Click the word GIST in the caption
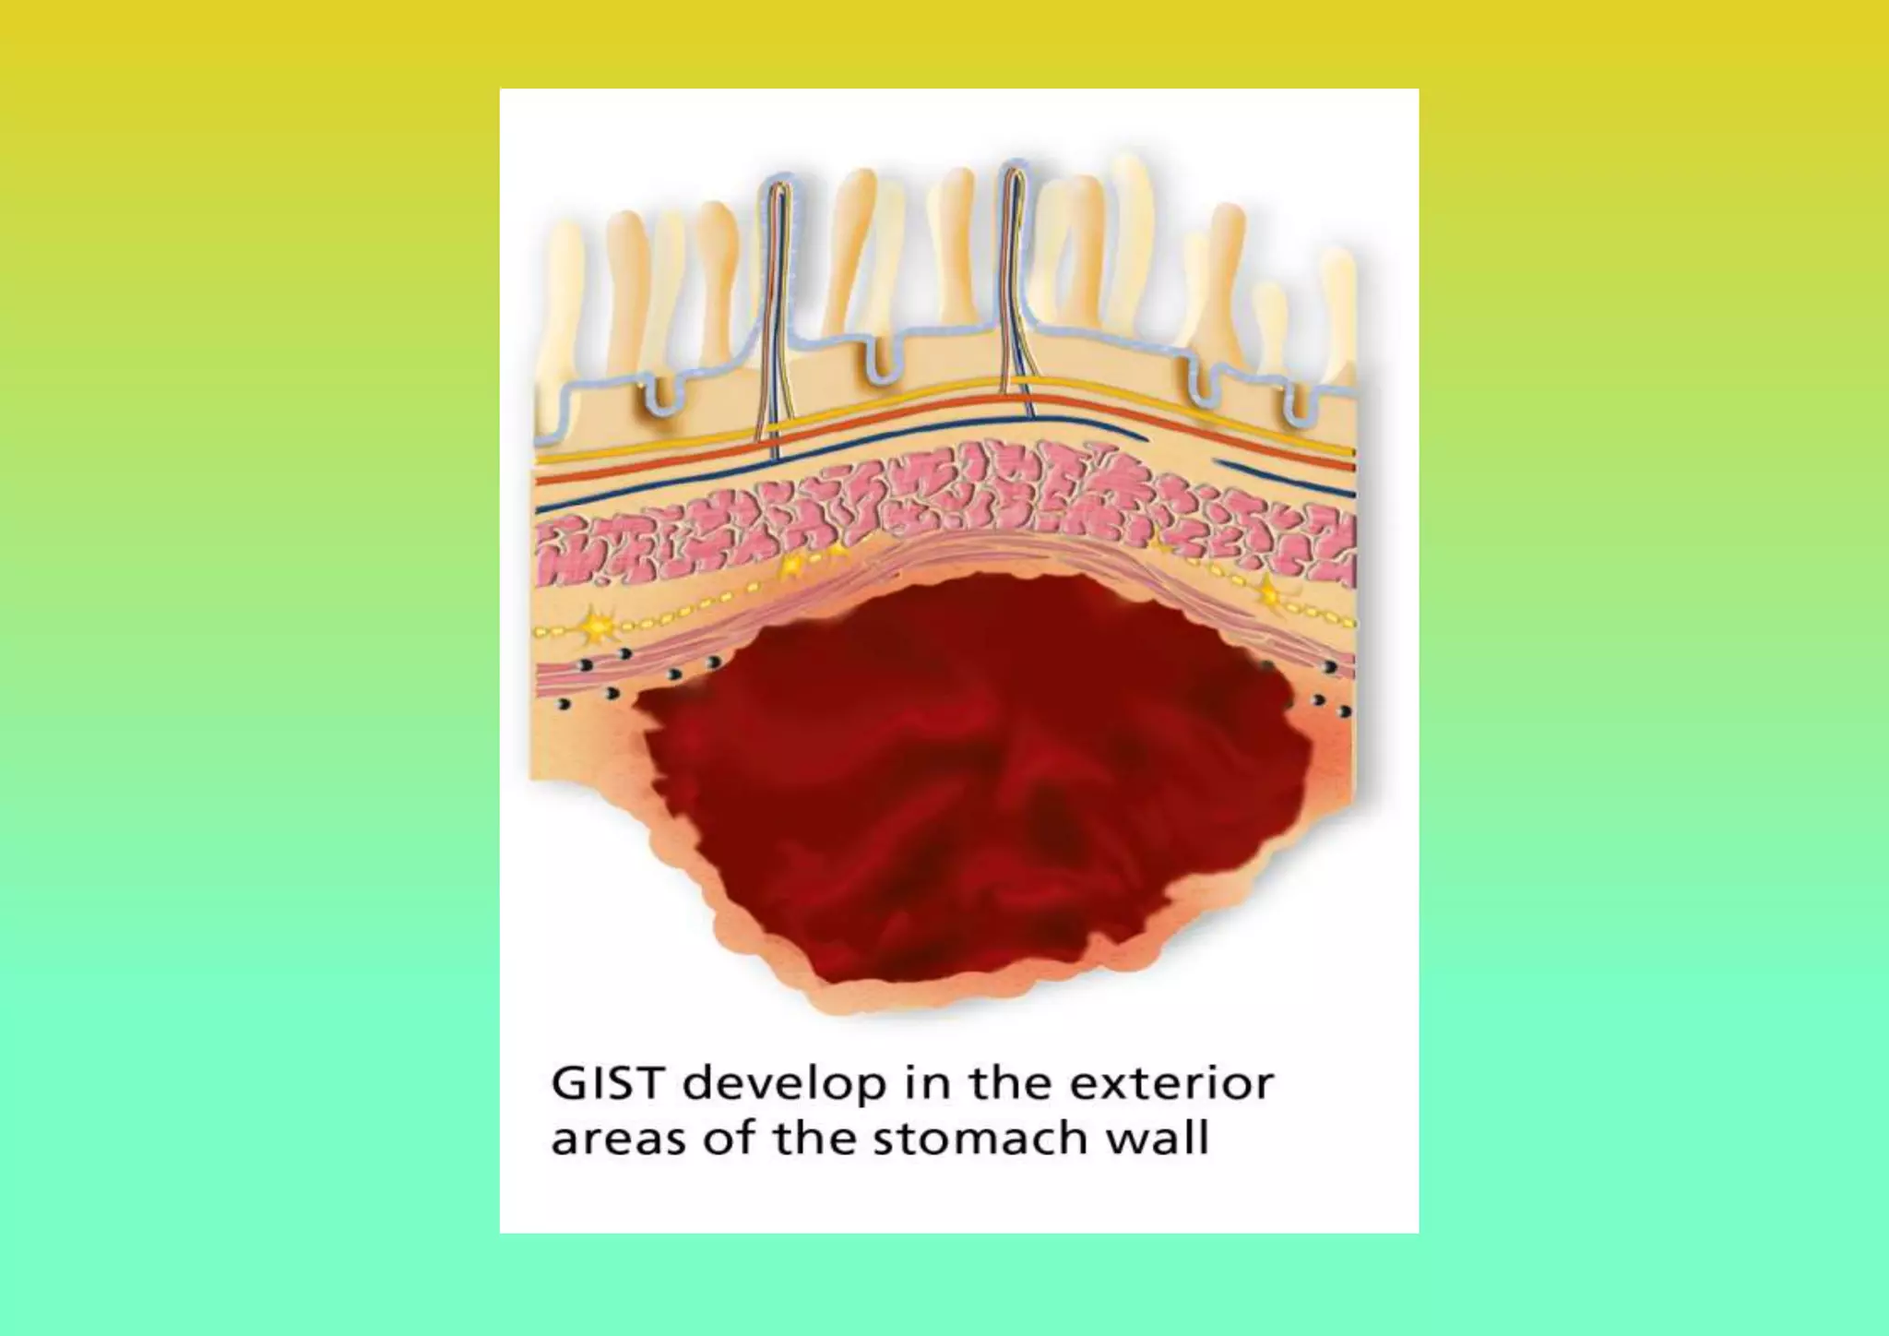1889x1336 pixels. (x=609, y=1082)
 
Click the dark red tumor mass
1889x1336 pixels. (x=968, y=784)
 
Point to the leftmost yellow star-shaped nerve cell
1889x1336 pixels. (x=598, y=627)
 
